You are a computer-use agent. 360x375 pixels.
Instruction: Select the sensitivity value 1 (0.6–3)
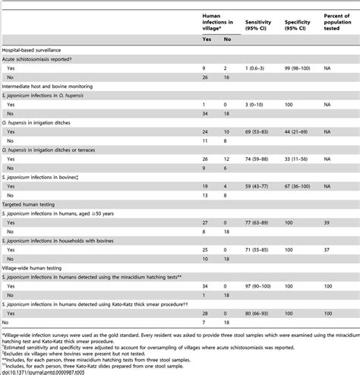coord(257,68)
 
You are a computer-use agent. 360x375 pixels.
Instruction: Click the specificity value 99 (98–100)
coord(298,68)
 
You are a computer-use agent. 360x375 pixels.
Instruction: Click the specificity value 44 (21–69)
coord(298,131)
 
